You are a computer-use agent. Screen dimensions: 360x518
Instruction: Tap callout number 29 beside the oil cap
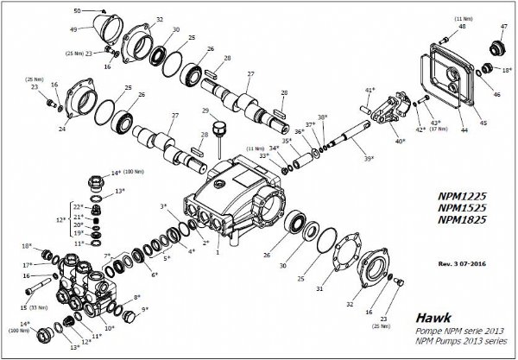tap(205, 111)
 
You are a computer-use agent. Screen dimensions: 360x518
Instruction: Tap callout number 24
tap(62, 129)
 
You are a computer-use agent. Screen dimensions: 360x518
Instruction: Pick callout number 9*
tap(145, 308)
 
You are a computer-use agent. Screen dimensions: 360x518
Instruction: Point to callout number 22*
tap(79, 207)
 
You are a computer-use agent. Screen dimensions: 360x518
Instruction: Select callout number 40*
tap(399, 141)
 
